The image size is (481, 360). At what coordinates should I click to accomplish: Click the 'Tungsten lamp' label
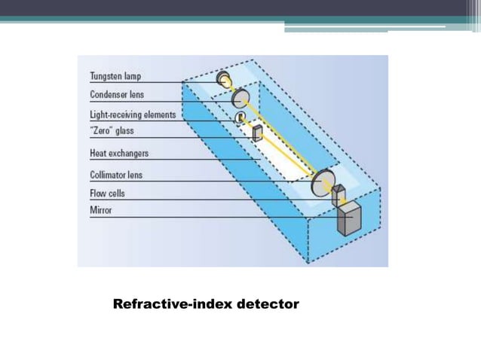[x=115, y=76]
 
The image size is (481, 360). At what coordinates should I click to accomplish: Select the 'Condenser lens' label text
[x=118, y=96]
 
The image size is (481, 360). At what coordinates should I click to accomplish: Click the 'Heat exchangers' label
[x=119, y=153]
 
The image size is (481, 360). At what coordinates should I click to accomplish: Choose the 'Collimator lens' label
[x=116, y=175]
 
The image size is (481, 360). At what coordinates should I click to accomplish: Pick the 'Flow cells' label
[x=107, y=194]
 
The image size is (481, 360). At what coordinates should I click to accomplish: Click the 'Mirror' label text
[x=101, y=211]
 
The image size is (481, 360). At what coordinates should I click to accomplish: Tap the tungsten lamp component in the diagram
[x=224, y=78]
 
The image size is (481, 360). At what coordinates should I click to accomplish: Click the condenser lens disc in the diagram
[x=240, y=98]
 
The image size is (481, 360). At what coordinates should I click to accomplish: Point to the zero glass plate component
[x=258, y=134]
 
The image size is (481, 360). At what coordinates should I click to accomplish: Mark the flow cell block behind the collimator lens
[x=337, y=194]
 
